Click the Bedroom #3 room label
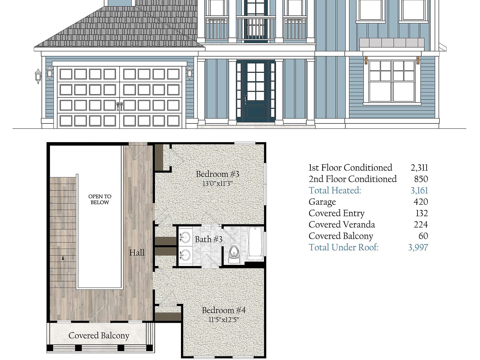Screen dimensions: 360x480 click(217, 174)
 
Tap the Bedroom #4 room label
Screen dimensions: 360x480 click(223, 310)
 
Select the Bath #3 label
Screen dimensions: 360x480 click(208, 239)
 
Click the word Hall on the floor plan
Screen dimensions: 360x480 click(137, 252)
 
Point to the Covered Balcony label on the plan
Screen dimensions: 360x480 click(99, 336)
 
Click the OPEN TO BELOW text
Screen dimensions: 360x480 click(100, 199)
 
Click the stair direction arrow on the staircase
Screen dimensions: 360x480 click(63, 258)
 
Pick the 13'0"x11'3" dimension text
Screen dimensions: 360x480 click(217, 183)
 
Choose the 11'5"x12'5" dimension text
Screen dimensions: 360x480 click(223, 320)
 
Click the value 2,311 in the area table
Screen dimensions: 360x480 click(419, 168)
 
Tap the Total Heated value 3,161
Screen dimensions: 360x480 click(419, 190)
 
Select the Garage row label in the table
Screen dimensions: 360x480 click(322, 202)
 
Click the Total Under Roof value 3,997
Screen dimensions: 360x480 click(418, 247)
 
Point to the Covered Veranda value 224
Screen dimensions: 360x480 click(421, 225)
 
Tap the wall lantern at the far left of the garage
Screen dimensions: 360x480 click(38, 76)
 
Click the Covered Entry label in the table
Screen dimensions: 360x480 click(337, 213)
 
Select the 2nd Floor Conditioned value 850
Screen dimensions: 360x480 click(421, 179)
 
